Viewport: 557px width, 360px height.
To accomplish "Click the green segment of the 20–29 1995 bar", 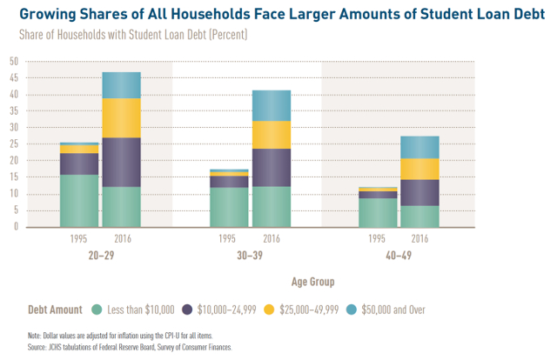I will [78, 201].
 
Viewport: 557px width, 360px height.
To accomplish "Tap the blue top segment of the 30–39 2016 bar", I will [272, 105].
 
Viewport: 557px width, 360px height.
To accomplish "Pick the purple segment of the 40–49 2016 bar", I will [419, 192].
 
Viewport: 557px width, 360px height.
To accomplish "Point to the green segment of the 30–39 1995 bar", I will [229, 207].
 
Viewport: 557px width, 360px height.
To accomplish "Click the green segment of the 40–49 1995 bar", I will [377, 212].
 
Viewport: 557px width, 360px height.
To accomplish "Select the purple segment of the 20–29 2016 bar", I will [121, 163].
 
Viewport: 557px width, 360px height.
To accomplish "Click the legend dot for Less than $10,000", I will [97, 309].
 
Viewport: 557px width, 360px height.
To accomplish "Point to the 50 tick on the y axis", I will [13, 62].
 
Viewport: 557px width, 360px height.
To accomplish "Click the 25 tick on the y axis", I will [13, 144].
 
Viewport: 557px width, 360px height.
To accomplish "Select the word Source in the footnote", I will [39, 345].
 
